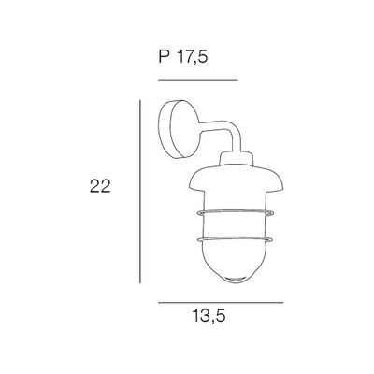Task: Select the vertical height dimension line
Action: click(139, 187)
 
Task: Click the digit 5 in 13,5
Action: click(223, 316)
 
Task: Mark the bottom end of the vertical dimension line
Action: click(139, 281)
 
